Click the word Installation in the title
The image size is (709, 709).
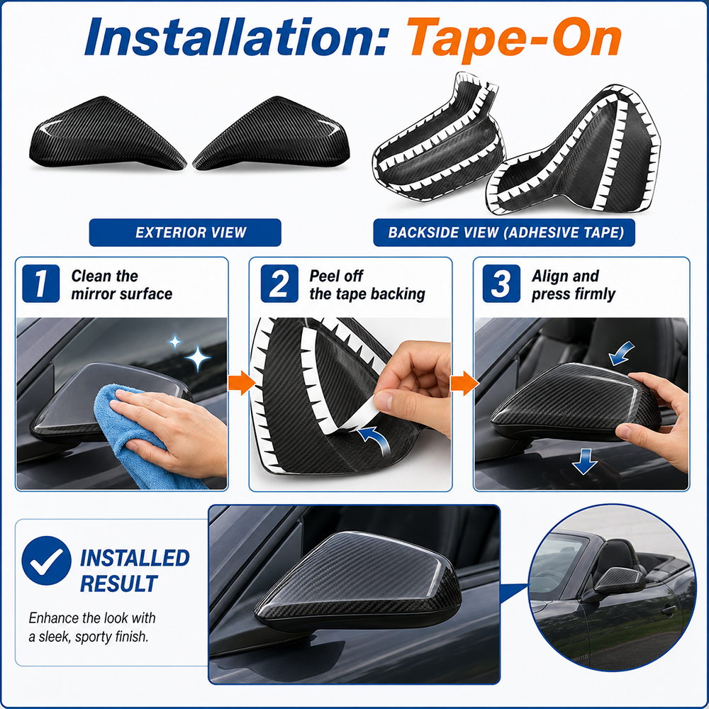[235, 37]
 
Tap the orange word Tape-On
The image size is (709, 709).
[514, 40]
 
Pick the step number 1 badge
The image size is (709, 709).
[40, 284]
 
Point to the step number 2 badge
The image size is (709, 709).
[279, 284]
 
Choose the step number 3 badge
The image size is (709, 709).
[501, 284]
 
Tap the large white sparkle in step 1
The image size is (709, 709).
[197, 358]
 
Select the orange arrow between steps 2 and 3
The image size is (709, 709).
[464, 383]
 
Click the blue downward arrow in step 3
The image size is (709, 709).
[585, 462]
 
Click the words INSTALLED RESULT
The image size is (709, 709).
[134, 571]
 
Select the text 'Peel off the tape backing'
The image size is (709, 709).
[367, 285]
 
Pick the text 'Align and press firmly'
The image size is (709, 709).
[574, 285]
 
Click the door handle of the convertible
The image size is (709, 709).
[669, 611]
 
